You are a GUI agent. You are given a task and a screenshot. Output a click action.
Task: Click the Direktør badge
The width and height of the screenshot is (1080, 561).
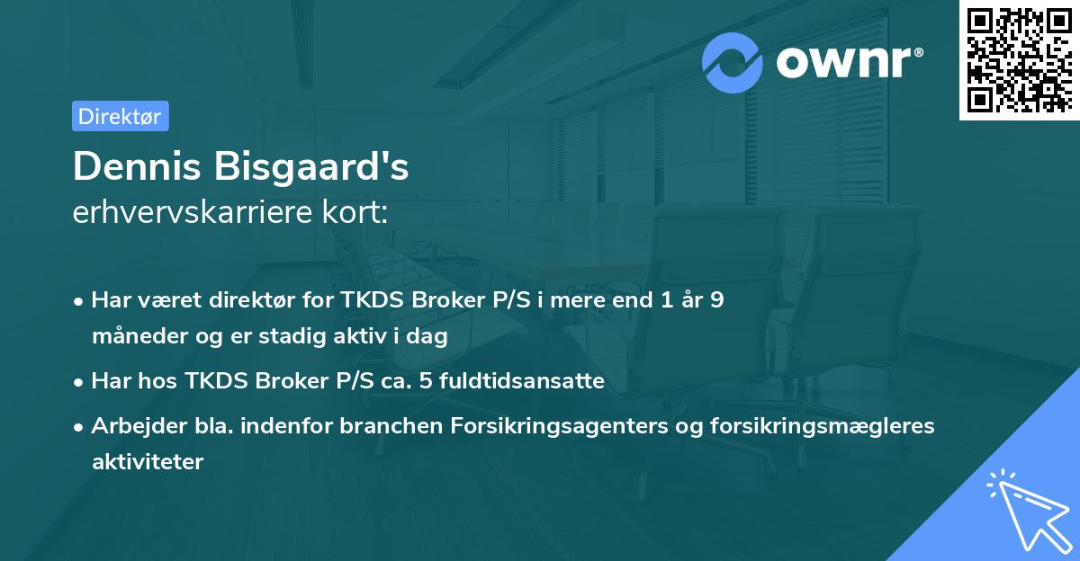120,116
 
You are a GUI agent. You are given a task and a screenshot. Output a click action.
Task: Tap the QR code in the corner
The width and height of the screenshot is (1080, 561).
1018,59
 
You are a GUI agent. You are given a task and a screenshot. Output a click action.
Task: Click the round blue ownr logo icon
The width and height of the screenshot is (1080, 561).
733,63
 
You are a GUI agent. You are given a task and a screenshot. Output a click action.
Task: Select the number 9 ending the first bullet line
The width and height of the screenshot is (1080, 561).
716,300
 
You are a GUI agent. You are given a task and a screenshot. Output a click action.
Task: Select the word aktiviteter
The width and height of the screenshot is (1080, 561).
148,462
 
